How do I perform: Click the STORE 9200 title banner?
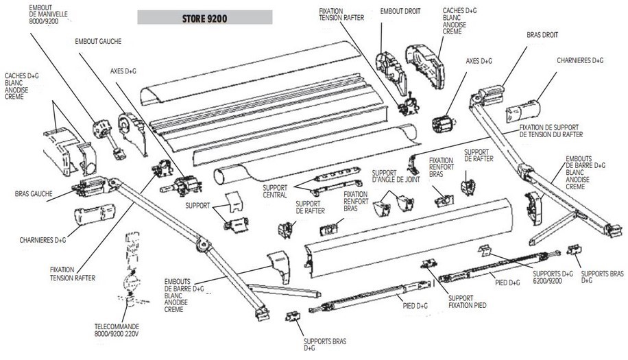pos(204,18)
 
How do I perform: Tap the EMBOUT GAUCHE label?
pos(98,42)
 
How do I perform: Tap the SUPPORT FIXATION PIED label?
pos(467,302)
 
